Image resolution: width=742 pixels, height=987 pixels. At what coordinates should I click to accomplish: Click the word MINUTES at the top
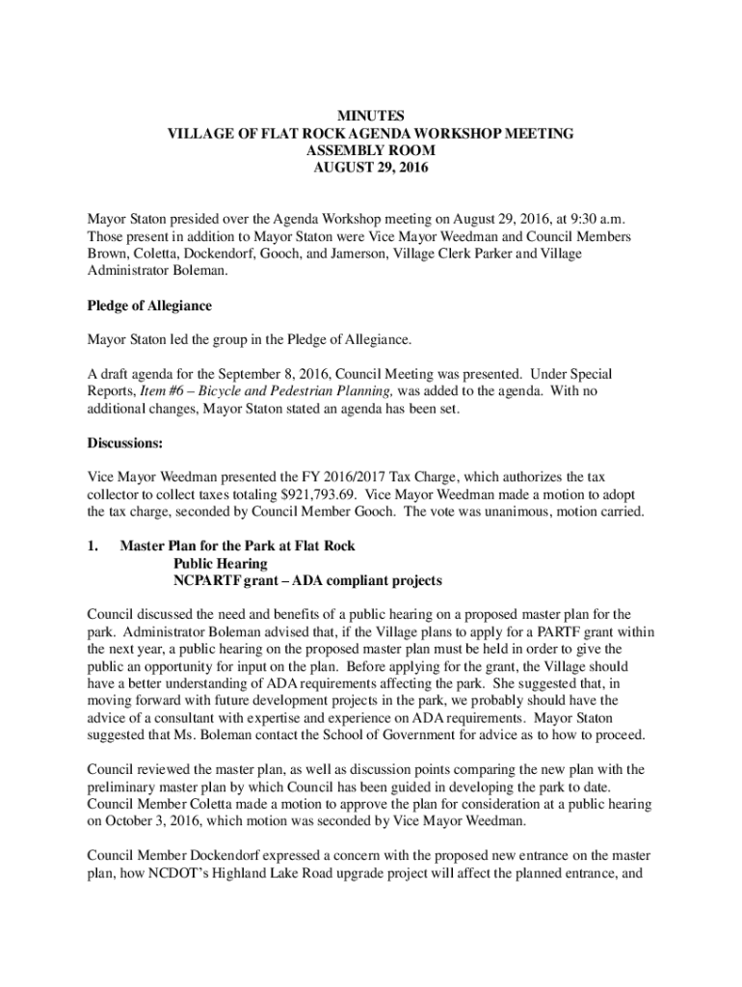pos(371,116)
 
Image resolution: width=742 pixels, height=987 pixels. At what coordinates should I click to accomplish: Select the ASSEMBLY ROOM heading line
pos(371,150)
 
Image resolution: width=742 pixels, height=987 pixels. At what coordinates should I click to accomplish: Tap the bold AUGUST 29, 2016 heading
pos(371,168)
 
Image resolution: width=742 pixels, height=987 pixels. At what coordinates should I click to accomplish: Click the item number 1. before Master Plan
pos(93,547)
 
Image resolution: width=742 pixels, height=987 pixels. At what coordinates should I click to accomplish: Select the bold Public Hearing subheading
pos(221,564)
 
